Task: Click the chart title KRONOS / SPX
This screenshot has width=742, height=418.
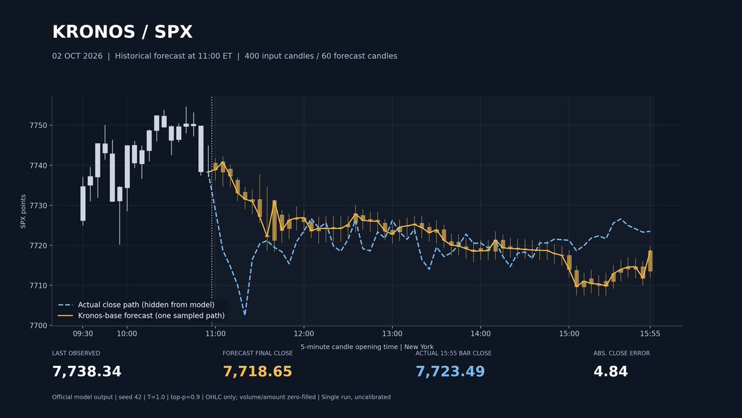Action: coord(122,32)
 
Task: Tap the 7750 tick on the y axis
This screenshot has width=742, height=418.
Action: coord(38,125)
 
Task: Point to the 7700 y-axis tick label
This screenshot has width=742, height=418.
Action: coord(38,326)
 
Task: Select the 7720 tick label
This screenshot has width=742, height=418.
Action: coord(38,245)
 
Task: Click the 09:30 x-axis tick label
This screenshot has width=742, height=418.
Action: coord(83,334)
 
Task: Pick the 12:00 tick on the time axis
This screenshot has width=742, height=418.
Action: coord(304,334)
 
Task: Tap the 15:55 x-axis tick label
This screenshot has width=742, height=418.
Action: coord(650,334)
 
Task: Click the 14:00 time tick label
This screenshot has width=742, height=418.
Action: coord(480,334)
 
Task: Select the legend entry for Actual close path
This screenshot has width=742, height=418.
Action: coord(136,305)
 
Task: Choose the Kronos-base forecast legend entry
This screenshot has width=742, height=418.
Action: coord(141,315)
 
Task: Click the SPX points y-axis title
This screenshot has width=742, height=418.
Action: coord(23,211)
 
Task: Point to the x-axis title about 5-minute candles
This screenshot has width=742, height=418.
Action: coord(367,347)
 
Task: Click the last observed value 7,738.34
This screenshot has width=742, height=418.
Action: coord(87,372)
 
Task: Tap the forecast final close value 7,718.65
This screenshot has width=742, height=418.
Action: coord(257,372)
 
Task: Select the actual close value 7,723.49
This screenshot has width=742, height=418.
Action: coord(450,372)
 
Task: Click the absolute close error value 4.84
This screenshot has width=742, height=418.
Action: coord(610,372)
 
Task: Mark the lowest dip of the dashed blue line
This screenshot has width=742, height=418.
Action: coord(245,314)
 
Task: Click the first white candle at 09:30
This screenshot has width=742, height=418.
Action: coord(83,203)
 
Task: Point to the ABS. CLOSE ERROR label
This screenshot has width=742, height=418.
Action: coord(622,354)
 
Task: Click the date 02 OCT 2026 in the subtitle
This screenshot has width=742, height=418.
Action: coord(77,56)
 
